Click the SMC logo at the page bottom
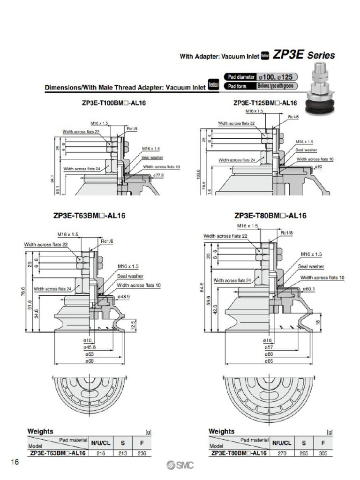click(180, 465)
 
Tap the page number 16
click(15, 463)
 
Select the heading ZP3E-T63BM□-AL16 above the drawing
click(89, 216)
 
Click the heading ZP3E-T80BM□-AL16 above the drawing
click(270, 216)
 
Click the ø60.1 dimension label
click(308, 289)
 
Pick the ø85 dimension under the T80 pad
click(268, 361)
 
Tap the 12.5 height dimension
click(133, 324)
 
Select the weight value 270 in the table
click(282, 453)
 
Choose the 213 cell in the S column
click(122, 453)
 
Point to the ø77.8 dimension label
click(158, 174)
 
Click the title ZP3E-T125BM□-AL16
click(265, 103)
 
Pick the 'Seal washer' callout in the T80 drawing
click(311, 266)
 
